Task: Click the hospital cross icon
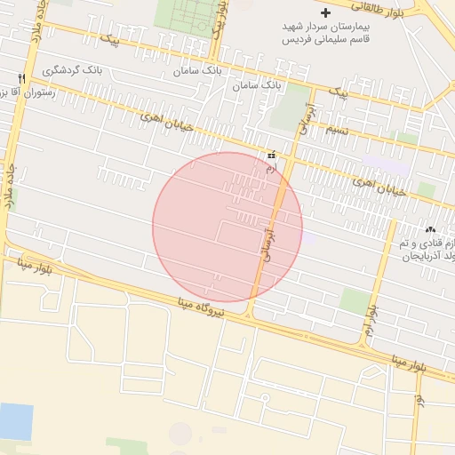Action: [326, 13]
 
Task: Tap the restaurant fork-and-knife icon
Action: [21, 78]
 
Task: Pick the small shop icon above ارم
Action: [271, 155]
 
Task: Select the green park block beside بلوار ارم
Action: [355, 300]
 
